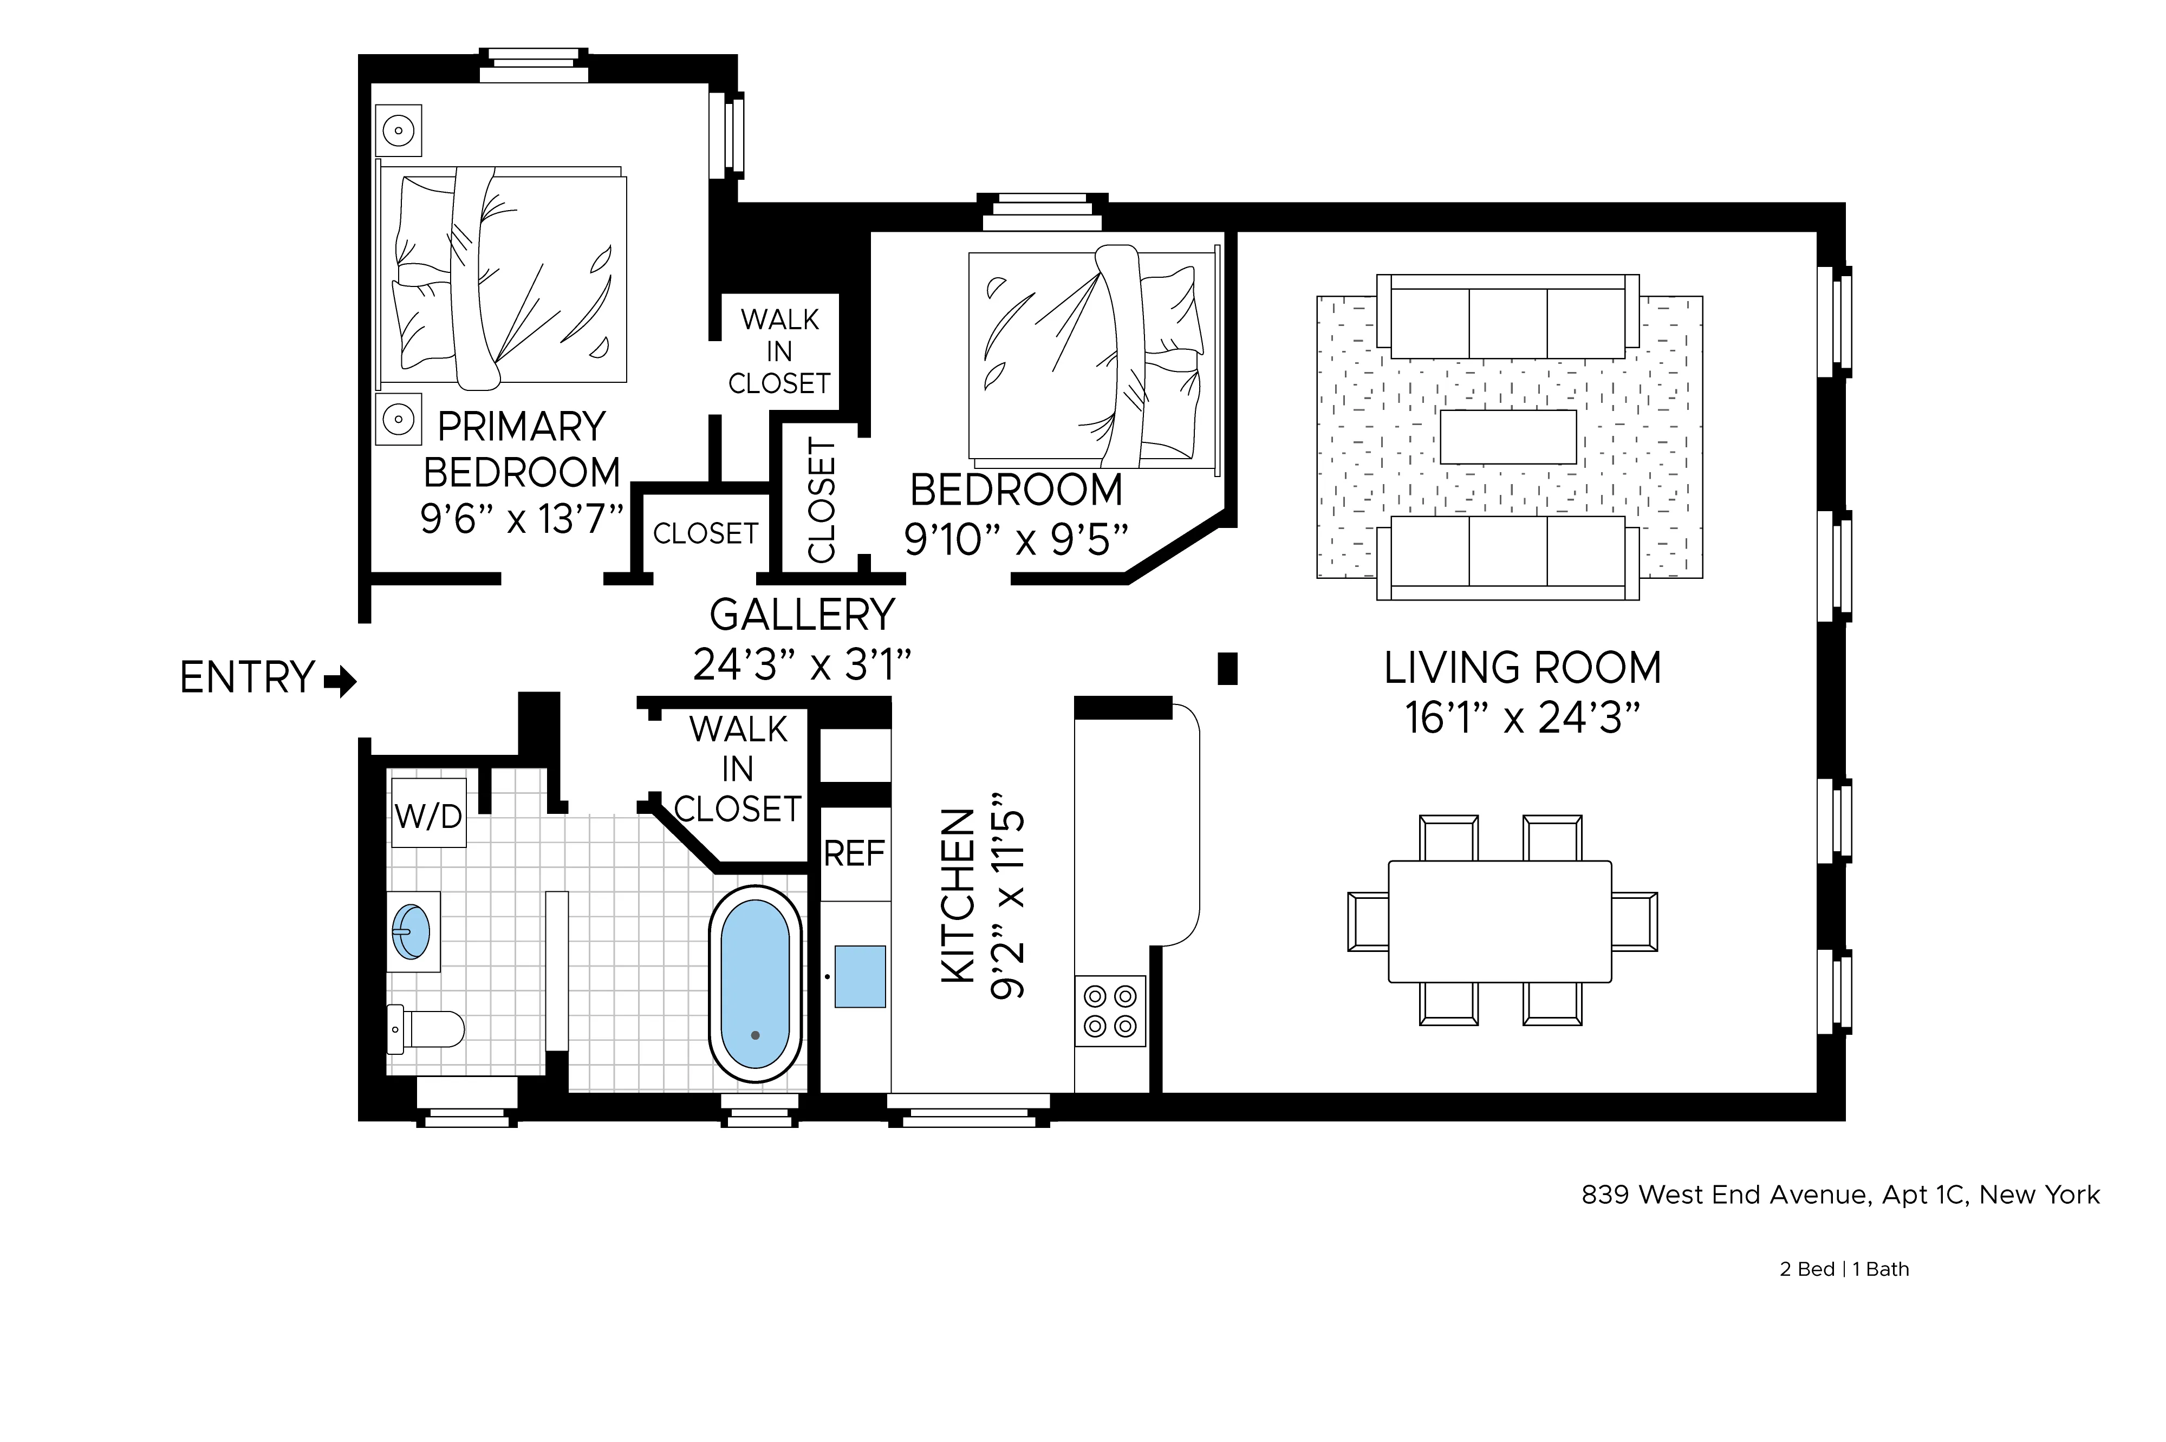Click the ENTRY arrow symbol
pyautogui.click(x=340, y=681)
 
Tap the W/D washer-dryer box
pyautogui.click(x=428, y=814)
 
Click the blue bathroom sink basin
pyautogui.click(x=411, y=931)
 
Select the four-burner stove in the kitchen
pyautogui.click(x=1110, y=1010)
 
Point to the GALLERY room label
pyautogui.click(x=802, y=614)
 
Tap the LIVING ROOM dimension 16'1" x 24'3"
pyautogui.click(x=1522, y=718)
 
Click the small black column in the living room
pyautogui.click(x=1227, y=669)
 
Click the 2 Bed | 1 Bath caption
pyautogui.click(x=1844, y=1269)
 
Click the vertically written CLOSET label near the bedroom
pyautogui.click(x=821, y=499)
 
